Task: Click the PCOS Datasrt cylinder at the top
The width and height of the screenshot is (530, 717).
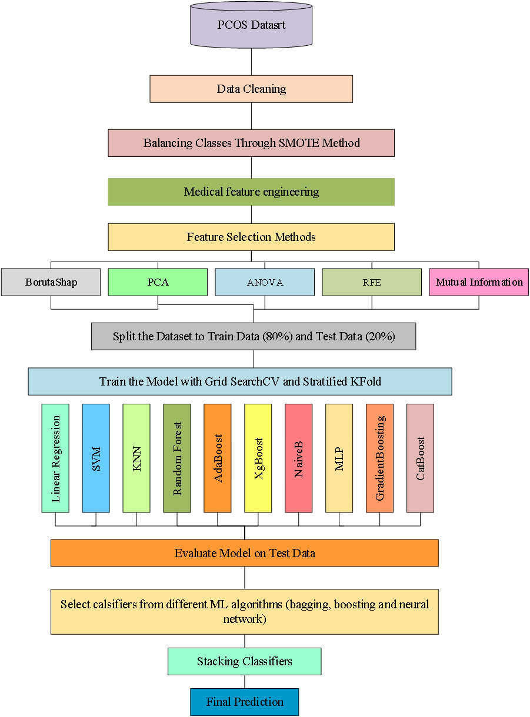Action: coord(251,25)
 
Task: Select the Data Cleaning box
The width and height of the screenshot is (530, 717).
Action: coord(251,89)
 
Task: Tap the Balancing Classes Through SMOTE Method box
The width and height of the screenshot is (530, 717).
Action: coord(251,143)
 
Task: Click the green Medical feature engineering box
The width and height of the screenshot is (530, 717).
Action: coord(251,192)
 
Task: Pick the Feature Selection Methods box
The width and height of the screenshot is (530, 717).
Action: coord(251,237)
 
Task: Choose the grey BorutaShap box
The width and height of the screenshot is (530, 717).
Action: coord(51,282)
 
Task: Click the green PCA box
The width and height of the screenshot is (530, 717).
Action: coord(158,282)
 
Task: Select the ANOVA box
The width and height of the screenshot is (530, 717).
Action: coord(265,282)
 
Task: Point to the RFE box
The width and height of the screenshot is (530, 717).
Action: coord(372,282)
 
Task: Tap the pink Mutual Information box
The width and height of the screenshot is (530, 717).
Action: coord(479,282)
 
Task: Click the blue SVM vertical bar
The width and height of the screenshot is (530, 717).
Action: coord(96,458)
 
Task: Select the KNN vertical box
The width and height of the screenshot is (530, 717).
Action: coord(136,458)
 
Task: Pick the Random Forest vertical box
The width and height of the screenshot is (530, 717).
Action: coord(177,458)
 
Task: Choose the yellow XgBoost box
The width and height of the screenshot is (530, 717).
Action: coord(258,458)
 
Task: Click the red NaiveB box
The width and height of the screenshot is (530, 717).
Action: coord(299,458)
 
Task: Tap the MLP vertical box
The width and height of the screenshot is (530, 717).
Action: coord(339,458)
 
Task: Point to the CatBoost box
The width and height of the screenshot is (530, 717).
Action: coord(420,458)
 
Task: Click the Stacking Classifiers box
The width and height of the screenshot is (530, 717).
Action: coord(245,661)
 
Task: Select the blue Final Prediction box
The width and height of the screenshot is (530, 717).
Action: coord(245,702)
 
